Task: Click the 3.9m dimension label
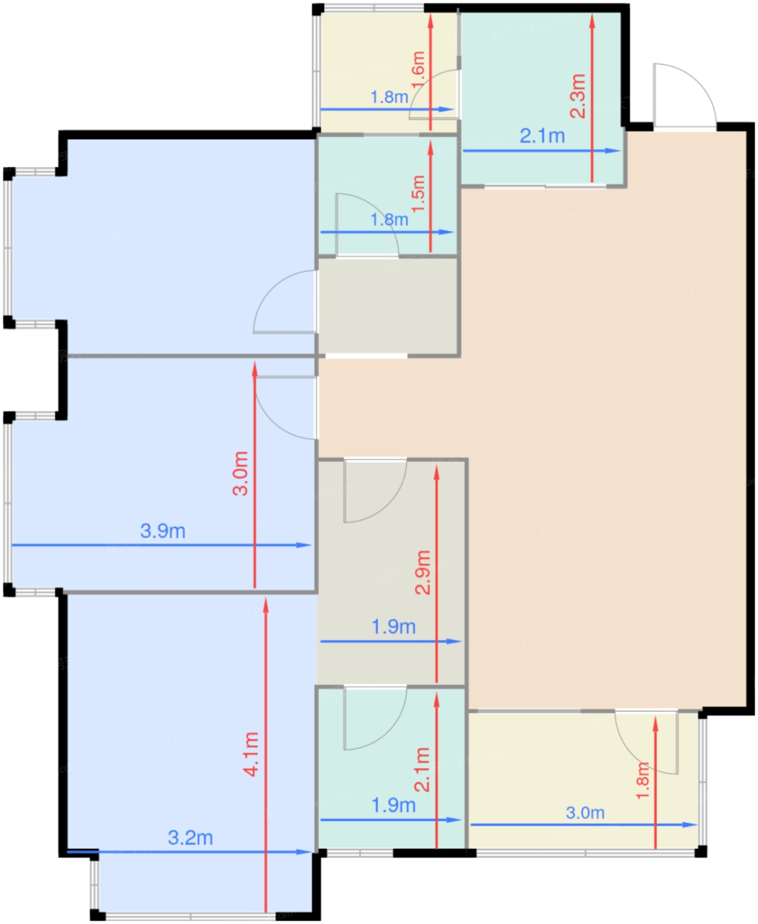(163, 531)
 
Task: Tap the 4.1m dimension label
(252, 754)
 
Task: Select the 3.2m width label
(191, 838)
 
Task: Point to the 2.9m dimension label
(423, 572)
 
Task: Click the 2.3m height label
(578, 96)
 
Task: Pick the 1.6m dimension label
(419, 70)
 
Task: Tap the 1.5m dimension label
(419, 193)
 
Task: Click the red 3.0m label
(240, 473)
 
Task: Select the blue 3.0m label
(585, 812)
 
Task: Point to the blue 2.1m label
(542, 136)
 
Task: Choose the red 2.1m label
(423, 770)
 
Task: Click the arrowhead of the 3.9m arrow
(304, 545)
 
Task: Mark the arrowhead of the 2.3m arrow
(592, 21)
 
